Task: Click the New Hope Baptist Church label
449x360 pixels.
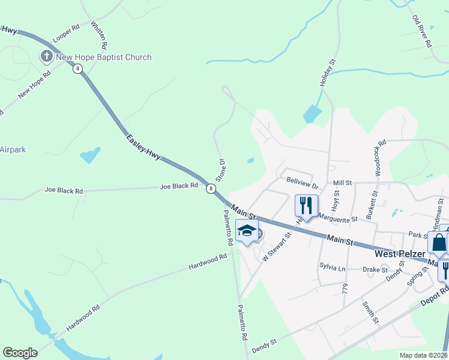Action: [x=103, y=58]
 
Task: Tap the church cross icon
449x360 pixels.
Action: [x=46, y=57]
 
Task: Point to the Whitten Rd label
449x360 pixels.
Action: [x=99, y=35]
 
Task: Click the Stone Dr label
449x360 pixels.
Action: [x=220, y=171]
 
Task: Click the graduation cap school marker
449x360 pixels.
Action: [x=247, y=231]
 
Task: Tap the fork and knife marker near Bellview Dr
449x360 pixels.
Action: [x=306, y=206]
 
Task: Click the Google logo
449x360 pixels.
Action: [x=20, y=353]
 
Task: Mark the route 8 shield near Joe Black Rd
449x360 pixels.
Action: [x=211, y=189]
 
